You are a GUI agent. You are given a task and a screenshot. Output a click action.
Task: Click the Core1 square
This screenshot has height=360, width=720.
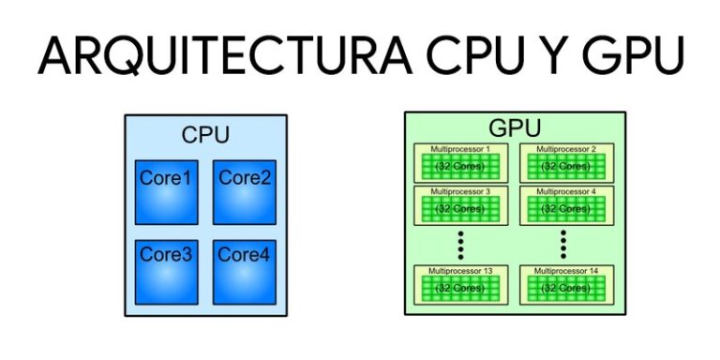(x=166, y=192)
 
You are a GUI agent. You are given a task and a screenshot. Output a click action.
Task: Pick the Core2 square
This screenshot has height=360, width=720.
(x=245, y=192)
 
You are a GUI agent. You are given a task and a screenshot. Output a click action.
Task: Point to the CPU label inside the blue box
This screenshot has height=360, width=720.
(x=205, y=134)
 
